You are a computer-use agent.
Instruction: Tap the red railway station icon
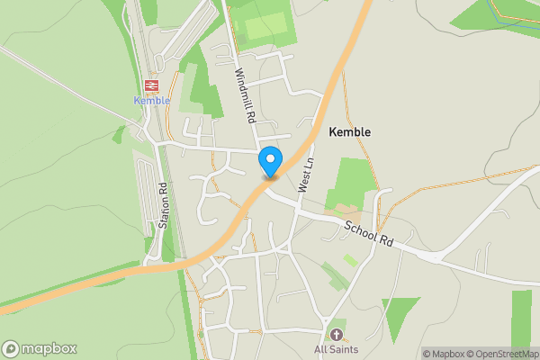[151, 85]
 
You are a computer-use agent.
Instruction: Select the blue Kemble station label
[152, 101]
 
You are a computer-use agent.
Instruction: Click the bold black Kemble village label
[349, 131]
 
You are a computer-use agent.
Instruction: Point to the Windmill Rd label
[246, 97]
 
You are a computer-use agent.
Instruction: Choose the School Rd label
[369, 229]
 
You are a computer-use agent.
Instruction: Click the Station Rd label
[164, 206]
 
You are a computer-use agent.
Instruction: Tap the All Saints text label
[337, 349]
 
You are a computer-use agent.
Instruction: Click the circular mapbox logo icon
[11, 348]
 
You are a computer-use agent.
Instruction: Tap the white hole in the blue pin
[270, 157]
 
